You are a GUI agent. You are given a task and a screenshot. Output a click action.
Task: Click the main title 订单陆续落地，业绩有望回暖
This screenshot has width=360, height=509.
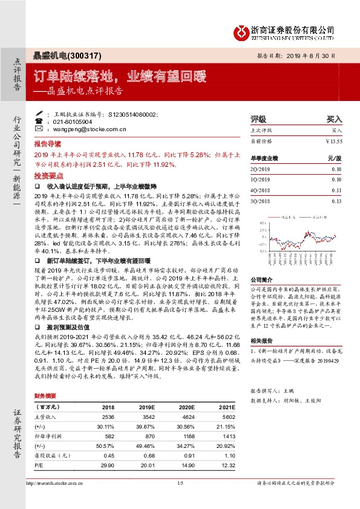[x=120, y=76]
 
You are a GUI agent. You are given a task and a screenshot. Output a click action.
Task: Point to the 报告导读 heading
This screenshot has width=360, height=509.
[x=48, y=145]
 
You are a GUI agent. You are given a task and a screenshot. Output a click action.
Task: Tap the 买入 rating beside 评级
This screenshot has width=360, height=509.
[x=335, y=120]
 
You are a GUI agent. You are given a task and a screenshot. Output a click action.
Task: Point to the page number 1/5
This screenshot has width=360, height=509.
[x=180, y=482]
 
